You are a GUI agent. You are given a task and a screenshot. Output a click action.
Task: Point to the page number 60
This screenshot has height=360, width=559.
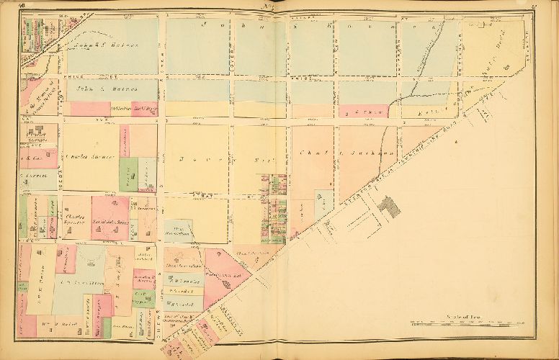click(x=24, y=6)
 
